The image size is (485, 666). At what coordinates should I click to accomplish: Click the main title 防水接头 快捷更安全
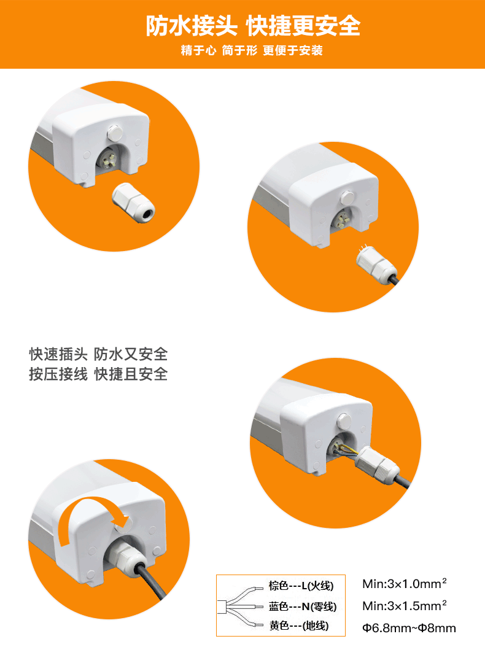(x=253, y=26)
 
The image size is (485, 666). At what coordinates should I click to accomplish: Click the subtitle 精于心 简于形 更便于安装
(x=252, y=50)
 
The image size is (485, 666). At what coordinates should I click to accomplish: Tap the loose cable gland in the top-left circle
(x=133, y=203)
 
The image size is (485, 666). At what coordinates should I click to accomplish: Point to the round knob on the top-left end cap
(x=115, y=133)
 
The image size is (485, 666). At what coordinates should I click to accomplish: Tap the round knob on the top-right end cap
(x=347, y=198)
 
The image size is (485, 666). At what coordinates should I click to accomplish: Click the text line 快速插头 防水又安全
(x=98, y=354)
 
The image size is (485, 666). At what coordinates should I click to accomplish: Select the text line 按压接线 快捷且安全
(x=98, y=374)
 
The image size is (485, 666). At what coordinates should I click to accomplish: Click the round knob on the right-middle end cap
(x=343, y=422)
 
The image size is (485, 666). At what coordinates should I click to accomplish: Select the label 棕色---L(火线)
(x=301, y=586)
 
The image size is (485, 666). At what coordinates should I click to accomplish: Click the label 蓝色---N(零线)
(x=303, y=606)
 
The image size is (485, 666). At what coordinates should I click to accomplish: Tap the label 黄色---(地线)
(x=299, y=625)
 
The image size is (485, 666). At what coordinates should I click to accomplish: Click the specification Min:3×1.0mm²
(x=405, y=584)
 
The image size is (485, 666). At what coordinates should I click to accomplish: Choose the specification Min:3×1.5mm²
(x=405, y=606)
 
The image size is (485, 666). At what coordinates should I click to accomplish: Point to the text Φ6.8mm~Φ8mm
(x=409, y=628)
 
